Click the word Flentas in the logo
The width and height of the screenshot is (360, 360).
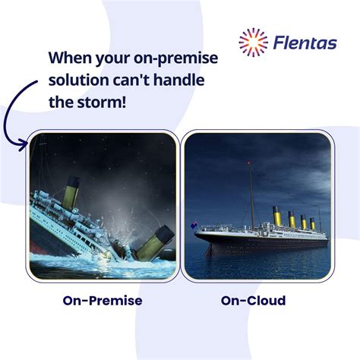tap(305, 43)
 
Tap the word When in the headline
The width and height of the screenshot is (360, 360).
tap(71, 58)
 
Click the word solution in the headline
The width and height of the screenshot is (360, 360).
tap(79, 80)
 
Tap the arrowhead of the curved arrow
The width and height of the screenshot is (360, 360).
tap(31, 141)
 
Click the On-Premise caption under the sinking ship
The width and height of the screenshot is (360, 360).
tap(102, 302)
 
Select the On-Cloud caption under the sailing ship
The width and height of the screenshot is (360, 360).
tap(253, 302)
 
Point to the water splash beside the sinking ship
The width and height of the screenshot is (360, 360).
tap(125, 220)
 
